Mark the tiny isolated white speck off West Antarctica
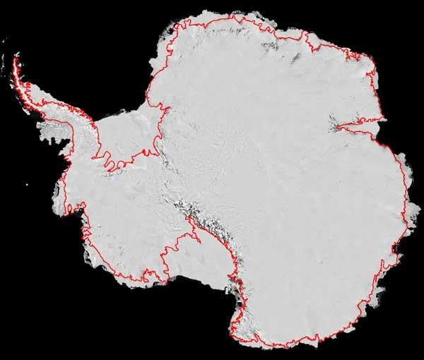pos(34,185)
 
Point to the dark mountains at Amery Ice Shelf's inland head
pos(332,127)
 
